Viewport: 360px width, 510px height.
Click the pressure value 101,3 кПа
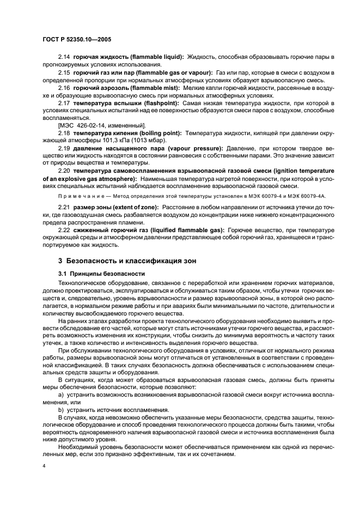(106, 140)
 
